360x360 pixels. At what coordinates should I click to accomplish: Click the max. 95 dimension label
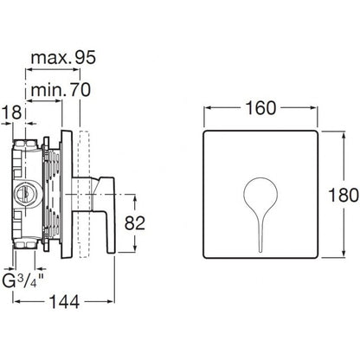tap(63, 58)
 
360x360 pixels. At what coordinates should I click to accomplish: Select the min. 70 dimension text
tap(61, 90)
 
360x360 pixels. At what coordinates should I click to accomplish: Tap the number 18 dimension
tap(12, 112)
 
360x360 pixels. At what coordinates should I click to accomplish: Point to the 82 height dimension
tap(135, 223)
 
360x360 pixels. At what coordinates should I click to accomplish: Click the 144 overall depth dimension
tap(64, 302)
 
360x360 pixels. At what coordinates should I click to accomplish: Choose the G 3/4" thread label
tap(23, 280)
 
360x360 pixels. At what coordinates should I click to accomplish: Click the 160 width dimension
tap(260, 108)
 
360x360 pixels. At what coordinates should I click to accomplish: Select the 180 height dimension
tap(344, 196)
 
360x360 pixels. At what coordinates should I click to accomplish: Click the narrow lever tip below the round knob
tap(260, 248)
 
